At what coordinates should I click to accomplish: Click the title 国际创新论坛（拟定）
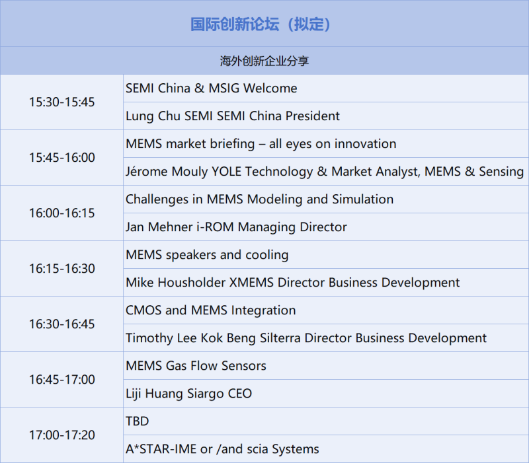pyautogui.click(x=261, y=24)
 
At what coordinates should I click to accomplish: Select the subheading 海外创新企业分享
pyautogui.click(x=264, y=61)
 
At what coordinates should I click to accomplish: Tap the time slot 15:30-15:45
pyautogui.click(x=61, y=102)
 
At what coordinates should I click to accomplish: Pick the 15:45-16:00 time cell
pyautogui.click(x=61, y=157)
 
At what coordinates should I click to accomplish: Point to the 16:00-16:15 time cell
pyautogui.click(x=61, y=213)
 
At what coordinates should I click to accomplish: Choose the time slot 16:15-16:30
pyautogui.click(x=61, y=269)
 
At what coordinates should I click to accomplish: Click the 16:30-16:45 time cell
pyautogui.click(x=61, y=324)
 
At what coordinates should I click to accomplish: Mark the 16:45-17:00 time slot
pyautogui.click(x=61, y=379)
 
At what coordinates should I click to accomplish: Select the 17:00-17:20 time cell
pyautogui.click(x=61, y=435)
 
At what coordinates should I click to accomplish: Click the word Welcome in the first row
pyautogui.click(x=270, y=89)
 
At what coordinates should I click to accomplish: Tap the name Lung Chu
pyautogui.click(x=153, y=116)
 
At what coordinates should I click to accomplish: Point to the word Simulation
pyautogui.click(x=362, y=199)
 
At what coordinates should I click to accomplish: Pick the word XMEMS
pyautogui.click(x=251, y=283)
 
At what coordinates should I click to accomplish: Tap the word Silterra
pyautogui.click(x=280, y=338)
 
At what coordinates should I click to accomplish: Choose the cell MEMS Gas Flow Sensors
pyautogui.click(x=196, y=366)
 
